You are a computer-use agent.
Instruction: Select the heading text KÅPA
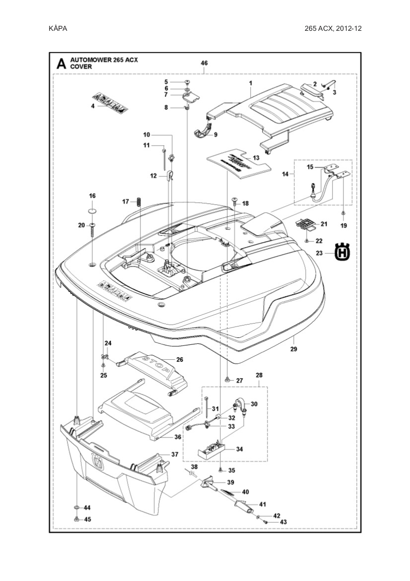tap(58, 28)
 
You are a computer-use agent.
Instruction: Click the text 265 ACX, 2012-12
tap(333, 28)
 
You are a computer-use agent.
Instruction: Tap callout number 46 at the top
tap(204, 63)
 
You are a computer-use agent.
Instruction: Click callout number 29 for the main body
tap(293, 349)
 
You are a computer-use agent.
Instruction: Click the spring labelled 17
tap(139, 202)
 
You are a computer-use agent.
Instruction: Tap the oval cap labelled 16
tap(93, 211)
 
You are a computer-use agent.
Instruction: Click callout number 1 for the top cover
tap(251, 82)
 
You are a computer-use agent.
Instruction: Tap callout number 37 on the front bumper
tap(174, 454)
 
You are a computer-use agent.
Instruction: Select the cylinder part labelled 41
tap(244, 509)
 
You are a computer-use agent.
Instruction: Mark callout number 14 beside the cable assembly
tap(285, 174)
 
